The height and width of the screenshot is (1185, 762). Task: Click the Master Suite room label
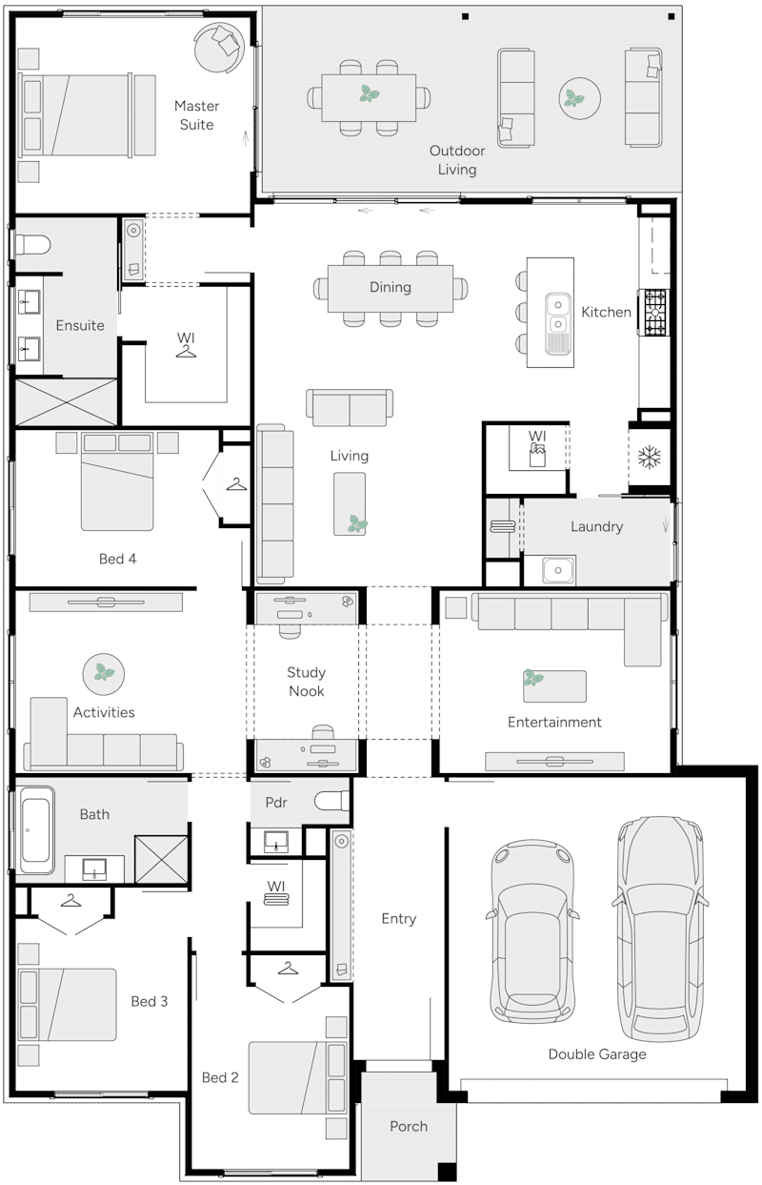click(196, 115)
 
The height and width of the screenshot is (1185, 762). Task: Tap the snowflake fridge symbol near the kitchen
click(649, 458)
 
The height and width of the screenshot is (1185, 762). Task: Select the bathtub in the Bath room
click(36, 829)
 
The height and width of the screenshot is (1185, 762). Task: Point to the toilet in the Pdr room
click(332, 802)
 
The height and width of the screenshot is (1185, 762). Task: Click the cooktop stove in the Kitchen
click(654, 313)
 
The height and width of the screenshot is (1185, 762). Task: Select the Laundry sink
click(559, 570)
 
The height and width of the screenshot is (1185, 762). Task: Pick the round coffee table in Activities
click(103, 673)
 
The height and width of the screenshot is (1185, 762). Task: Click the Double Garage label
click(596, 1053)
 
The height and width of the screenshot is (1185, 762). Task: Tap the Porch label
click(409, 1126)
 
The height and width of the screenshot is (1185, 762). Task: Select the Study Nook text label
click(306, 682)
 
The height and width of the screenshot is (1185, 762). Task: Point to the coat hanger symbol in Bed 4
click(235, 486)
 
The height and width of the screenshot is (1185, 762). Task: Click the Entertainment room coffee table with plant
click(553, 684)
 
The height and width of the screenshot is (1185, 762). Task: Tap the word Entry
click(398, 918)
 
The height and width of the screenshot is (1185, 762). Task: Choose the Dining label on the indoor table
click(391, 287)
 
